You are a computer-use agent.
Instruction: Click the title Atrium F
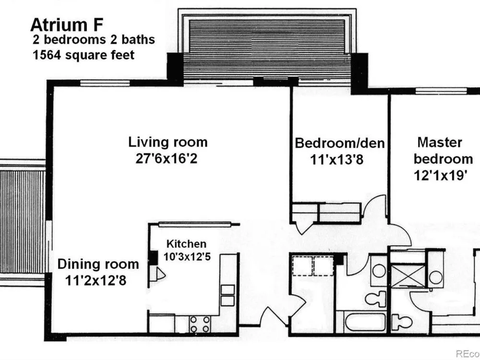click(66, 25)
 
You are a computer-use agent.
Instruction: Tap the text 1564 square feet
click(84, 55)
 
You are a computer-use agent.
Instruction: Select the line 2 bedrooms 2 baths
click(94, 39)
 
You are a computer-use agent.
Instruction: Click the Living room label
click(168, 142)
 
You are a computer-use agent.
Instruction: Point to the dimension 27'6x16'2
click(167, 158)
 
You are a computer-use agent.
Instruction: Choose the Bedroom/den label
click(339, 143)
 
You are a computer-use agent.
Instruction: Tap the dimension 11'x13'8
click(337, 159)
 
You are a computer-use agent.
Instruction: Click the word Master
click(440, 143)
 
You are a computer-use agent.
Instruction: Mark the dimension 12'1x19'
click(440, 175)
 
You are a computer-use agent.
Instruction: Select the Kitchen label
click(186, 244)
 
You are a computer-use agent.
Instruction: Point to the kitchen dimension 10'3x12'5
click(187, 256)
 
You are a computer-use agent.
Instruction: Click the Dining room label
click(98, 264)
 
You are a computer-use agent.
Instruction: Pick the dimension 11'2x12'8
click(96, 280)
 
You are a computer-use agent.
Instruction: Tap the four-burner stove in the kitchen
click(200, 324)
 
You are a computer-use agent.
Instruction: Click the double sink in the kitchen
click(228, 295)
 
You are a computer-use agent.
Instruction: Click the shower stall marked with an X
click(408, 276)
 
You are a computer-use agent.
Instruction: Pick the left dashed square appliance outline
click(302, 266)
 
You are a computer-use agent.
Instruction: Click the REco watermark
click(468, 354)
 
